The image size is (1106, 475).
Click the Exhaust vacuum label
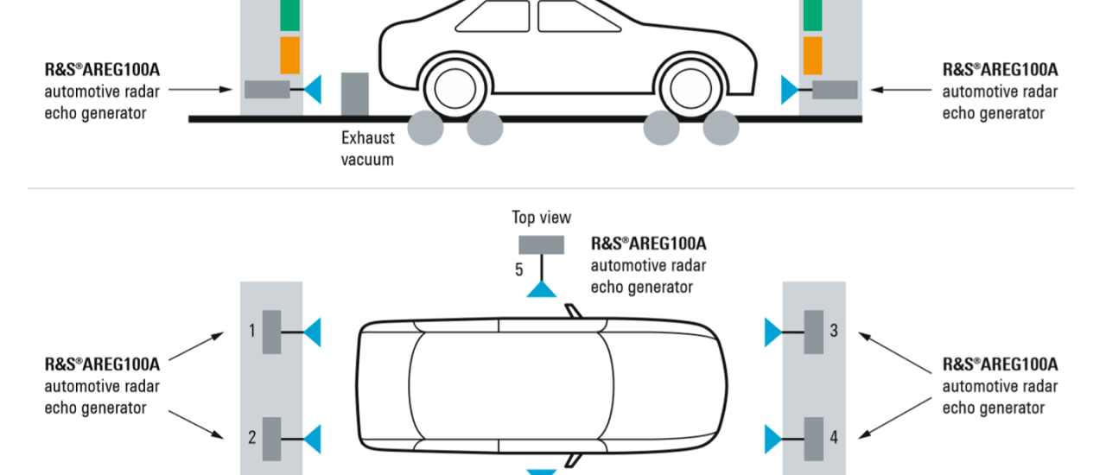tap(367, 148)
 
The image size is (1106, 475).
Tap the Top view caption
tap(541, 218)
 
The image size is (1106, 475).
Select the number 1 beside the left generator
tap(252, 331)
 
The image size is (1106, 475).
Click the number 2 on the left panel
tap(252, 437)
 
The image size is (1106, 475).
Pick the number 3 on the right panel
tap(834, 330)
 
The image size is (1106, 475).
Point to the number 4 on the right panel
tap(834, 437)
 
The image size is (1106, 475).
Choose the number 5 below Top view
tap(519, 269)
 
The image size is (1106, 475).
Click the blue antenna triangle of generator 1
tap(313, 332)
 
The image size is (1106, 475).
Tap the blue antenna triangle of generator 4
tap(772, 439)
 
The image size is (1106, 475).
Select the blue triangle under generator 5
tap(541, 288)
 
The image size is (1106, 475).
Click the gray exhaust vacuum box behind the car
tap(354, 93)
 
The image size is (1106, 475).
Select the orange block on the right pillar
tap(812, 55)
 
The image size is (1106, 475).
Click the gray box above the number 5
tap(541, 244)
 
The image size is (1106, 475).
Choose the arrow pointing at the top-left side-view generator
tap(201, 88)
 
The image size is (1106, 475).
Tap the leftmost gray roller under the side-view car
tap(425, 128)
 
